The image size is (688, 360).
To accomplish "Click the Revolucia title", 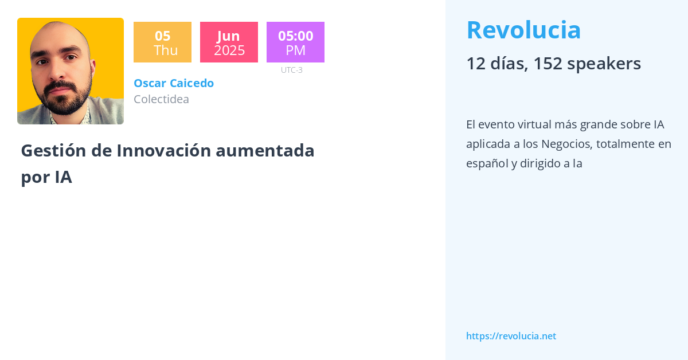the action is (x=523, y=30).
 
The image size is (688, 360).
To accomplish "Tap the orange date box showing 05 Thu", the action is (x=162, y=42).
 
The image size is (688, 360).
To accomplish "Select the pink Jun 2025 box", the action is (x=229, y=42).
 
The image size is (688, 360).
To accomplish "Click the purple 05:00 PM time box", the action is (x=295, y=42).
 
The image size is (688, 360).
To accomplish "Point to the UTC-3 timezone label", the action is (x=292, y=70).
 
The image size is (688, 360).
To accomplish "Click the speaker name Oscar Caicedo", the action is (x=174, y=83).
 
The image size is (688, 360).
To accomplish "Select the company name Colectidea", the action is (x=162, y=99).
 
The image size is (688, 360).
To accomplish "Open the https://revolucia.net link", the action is (x=511, y=336).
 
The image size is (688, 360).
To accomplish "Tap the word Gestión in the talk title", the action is (x=53, y=151).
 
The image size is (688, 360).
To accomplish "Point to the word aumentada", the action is (x=265, y=151).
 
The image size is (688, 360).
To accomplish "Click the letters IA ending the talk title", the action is (x=64, y=177).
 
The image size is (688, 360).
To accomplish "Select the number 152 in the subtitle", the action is (x=548, y=64).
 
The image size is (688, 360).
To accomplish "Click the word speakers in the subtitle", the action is (x=604, y=64).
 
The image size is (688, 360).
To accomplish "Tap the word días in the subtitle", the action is (x=509, y=64).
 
